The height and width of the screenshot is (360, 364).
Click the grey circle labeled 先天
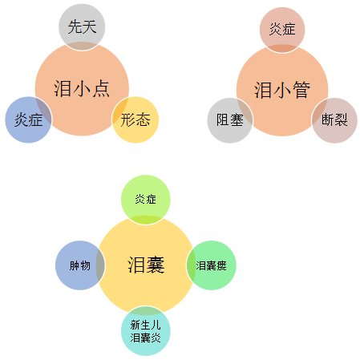coord(82,26)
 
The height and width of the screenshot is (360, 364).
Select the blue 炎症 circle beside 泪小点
coord(28,119)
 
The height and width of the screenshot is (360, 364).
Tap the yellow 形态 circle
coord(135,119)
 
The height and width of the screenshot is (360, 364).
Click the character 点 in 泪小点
coord(101,88)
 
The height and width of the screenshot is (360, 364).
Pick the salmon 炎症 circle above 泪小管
coord(282,30)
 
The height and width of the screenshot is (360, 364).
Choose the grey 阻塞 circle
coord(230,120)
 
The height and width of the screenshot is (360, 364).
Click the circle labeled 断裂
coord(334,120)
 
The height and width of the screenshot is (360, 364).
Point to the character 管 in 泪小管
coord(301,90)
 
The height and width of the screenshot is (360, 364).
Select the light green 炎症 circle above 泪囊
coord(146,200)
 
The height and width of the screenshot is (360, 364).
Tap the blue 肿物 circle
coord(80,265)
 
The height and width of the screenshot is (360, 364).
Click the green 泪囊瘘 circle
coord(212,265)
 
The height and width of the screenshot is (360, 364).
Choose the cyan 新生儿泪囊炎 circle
coord(146,331)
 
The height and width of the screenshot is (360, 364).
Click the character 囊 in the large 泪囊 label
coord(156,265)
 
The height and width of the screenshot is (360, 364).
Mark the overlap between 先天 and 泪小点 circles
coord(82,46)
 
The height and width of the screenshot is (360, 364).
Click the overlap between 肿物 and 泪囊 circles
coord(101,265)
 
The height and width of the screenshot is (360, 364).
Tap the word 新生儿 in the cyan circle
coord(146,325)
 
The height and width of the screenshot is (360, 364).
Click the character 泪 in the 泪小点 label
coord(63,88)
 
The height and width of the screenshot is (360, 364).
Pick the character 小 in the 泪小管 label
coord(282,90)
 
